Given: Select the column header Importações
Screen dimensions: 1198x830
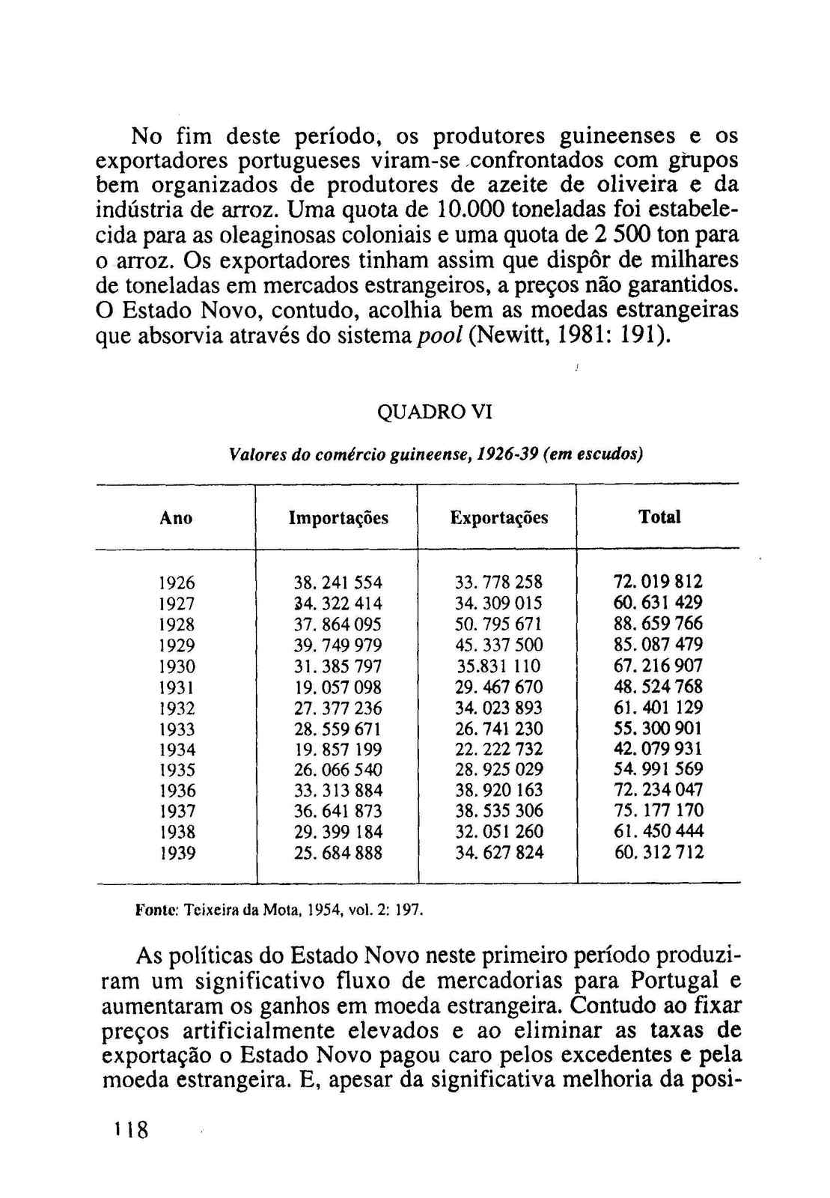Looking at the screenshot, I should coord(338,518).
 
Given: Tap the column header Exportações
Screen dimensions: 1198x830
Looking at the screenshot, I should coord(498,518).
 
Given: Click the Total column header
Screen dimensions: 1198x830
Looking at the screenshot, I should coord(659,517).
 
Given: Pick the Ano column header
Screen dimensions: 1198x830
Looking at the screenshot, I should coord(176,518).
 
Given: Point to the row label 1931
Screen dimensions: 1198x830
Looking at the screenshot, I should coord(177,687).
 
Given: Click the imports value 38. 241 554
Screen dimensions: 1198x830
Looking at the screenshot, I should coord(338,583).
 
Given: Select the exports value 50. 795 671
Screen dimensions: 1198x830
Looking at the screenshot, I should coord(498,624).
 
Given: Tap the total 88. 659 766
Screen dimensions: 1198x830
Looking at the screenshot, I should coord(658,624).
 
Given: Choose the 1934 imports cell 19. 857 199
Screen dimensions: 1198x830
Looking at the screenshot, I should coord(338,749).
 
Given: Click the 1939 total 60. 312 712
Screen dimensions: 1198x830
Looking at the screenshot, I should coord(658,852).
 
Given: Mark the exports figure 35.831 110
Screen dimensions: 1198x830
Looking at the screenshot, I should coord(498,666).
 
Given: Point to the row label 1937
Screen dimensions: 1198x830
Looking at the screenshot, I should coord(177,812).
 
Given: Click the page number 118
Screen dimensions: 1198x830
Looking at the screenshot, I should coord(131,1129).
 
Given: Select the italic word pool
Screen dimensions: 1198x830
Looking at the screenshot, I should coord(439,335).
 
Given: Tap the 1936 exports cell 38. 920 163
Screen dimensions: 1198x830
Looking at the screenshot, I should coord(498,791).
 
